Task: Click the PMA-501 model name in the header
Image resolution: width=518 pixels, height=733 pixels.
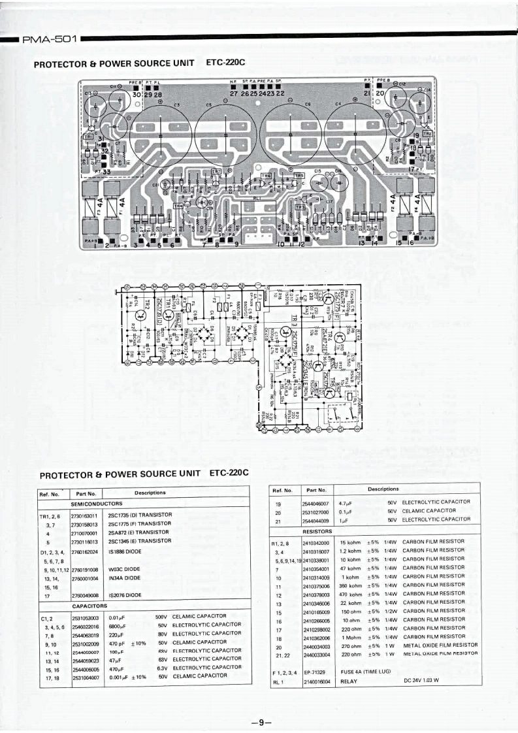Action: pyautogui.click(x=50, y=39)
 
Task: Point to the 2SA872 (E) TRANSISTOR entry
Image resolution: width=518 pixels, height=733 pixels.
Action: pyautogui.click(x=138, y=532)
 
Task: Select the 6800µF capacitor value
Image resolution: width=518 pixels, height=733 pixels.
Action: pyautogui.click(x=118, y=625)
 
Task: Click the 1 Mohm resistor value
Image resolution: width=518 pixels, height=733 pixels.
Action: pyautogui.click(x=351, y=636)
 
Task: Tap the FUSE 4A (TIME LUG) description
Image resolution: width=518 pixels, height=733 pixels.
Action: pyautogui.click(x=370, y=672)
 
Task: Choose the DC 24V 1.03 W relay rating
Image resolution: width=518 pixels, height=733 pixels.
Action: pyautogui.click(x=421, y=681)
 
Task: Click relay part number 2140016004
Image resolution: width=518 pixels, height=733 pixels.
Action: pyautogui.click(x=316, y=681)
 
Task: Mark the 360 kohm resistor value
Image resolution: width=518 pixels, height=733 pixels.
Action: pyautogui.click(x=351, y=586)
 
